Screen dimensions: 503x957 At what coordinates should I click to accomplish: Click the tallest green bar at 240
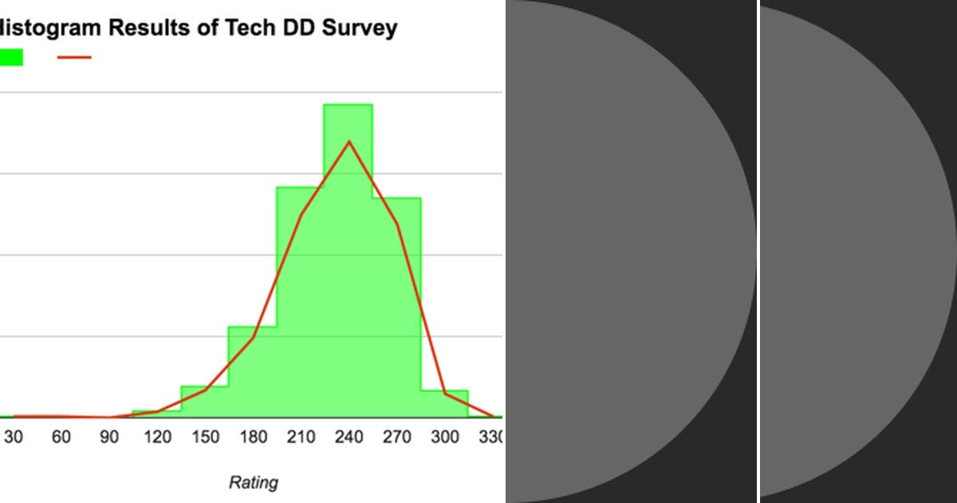point(349,263)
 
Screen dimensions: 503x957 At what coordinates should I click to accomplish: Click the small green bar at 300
point(444,405)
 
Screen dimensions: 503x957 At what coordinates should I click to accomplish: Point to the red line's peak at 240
point(349,142)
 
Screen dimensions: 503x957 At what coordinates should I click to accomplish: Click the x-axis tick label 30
point(14,438)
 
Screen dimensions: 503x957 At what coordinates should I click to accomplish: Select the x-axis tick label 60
point(61,438)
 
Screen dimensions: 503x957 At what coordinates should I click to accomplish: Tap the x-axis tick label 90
point(109,438)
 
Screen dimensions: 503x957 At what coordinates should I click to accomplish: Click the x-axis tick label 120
point(157,438)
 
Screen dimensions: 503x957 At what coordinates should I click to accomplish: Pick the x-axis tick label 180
point(253,438)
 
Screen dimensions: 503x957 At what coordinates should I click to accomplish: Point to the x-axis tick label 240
point(349,438)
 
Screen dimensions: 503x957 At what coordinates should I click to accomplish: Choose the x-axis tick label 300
point(444,438)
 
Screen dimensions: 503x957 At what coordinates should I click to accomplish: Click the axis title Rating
point(254,482)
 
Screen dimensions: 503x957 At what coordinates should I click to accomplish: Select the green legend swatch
point(10,57)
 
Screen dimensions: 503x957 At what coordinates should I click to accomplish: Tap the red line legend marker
point(74,57)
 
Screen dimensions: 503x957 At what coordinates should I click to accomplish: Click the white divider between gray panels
point(758,252)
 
